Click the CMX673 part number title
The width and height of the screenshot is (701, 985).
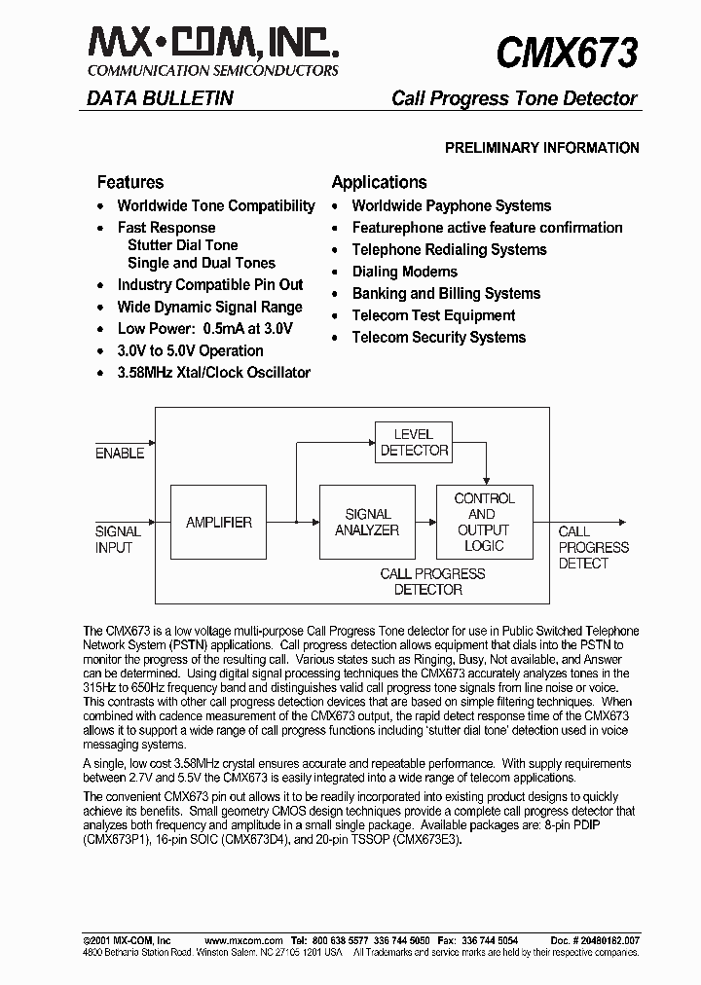(x=567, y=52)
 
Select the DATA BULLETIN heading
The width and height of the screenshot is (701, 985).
(x=160, y=98)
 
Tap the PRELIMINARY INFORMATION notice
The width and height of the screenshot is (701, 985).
(x=541, y=148)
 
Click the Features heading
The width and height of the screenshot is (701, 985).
(x=130, y=182)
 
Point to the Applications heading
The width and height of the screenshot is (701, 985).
(x=379, y=182)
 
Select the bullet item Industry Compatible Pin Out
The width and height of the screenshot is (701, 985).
(x=209, y=285)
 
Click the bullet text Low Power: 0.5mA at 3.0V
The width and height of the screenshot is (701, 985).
(x=203, y=329)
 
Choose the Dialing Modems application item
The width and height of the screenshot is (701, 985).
(x=404, y=272)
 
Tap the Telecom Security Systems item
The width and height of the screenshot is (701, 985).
(x=438, y=338)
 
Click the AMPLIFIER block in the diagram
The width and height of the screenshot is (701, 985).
(x=219, y=523)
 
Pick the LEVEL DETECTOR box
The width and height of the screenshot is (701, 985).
(x=414, y=442)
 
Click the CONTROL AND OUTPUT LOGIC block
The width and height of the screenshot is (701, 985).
(x=484, y=522)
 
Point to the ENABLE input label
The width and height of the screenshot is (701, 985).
(x=120, y=454)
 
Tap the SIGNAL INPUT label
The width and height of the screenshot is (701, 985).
(x=118, y=539)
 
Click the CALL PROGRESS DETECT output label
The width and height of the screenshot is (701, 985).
(x=593, y=547)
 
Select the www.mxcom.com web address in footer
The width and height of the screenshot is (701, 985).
(x=243, y=940)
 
